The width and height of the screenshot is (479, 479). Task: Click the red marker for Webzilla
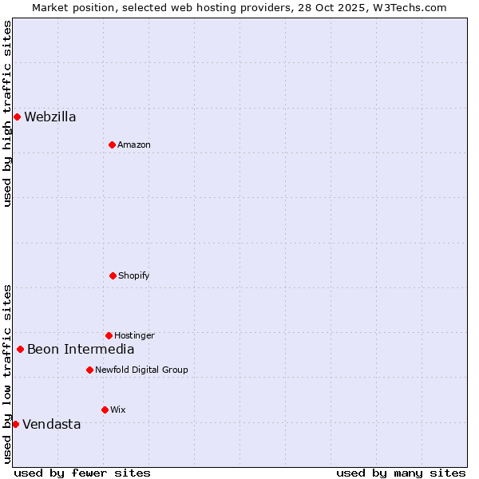tap(17, 117)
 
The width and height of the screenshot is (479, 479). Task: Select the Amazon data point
tap(112, 144)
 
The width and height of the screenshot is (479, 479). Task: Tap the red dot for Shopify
tap(113, 275)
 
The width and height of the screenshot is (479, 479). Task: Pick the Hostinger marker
tap(109, 335)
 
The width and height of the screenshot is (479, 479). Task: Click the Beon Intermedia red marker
tap(20, 349)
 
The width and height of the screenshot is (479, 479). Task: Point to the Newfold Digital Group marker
tap(89, 370)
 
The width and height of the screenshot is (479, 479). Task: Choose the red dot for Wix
tap(105, 410)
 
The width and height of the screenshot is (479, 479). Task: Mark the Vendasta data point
tap(15, 424)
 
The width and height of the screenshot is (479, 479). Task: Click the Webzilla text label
tap(50, 117)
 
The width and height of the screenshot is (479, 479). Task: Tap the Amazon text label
tap(134, 144)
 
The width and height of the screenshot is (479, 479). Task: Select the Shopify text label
tap(134, 275)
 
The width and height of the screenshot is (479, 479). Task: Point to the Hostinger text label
tap(134, 335)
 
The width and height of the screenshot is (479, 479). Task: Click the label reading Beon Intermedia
tap(81, 349)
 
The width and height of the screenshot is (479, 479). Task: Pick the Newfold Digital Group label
tap(141, 370)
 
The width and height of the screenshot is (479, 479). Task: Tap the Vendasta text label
tap(52, 424)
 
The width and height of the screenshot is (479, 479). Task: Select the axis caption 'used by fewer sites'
tap(82, 473)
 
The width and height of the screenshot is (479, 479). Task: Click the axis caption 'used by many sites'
tap(401, 473)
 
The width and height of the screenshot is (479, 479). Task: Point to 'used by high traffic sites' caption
tap(7, 113)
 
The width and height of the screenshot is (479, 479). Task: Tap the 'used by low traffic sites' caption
tap(7, 374)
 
